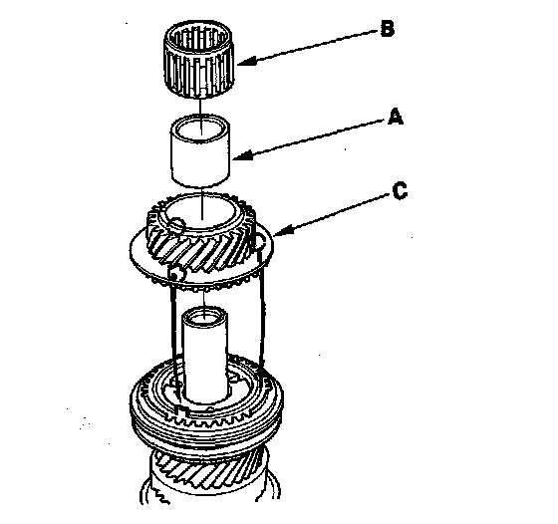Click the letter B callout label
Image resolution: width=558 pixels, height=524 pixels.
click(x=388, y=29)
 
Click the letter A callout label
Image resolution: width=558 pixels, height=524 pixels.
click(x=396, y=117)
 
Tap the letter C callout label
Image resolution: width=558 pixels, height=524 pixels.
click(x=400, y=190)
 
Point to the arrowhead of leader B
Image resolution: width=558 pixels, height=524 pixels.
click(x=246, y=61)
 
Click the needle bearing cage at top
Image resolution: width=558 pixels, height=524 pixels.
click(x=198, y=59)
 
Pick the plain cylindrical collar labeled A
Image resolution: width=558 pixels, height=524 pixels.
click(x=200, y=150)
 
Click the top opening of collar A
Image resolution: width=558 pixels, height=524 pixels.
click(x=200, y=129)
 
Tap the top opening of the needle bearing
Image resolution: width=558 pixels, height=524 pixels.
click(x=198, y=38)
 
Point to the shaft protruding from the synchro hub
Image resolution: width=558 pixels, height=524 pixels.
click(x=205, y=356)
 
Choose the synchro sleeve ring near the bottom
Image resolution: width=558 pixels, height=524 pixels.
click(x=206, y=405)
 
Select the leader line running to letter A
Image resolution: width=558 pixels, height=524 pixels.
click(x=314, y=138)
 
